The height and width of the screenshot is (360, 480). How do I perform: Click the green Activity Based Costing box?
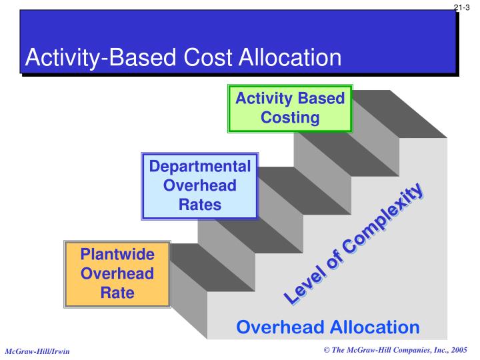coord(290,108)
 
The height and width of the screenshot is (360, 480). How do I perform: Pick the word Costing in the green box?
coord(290,118)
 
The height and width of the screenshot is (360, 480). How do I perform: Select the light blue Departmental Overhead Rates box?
coord(199,185)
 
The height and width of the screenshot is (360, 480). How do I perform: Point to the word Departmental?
coord(199,167)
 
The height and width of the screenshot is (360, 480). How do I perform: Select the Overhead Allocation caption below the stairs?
coord(328,327)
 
